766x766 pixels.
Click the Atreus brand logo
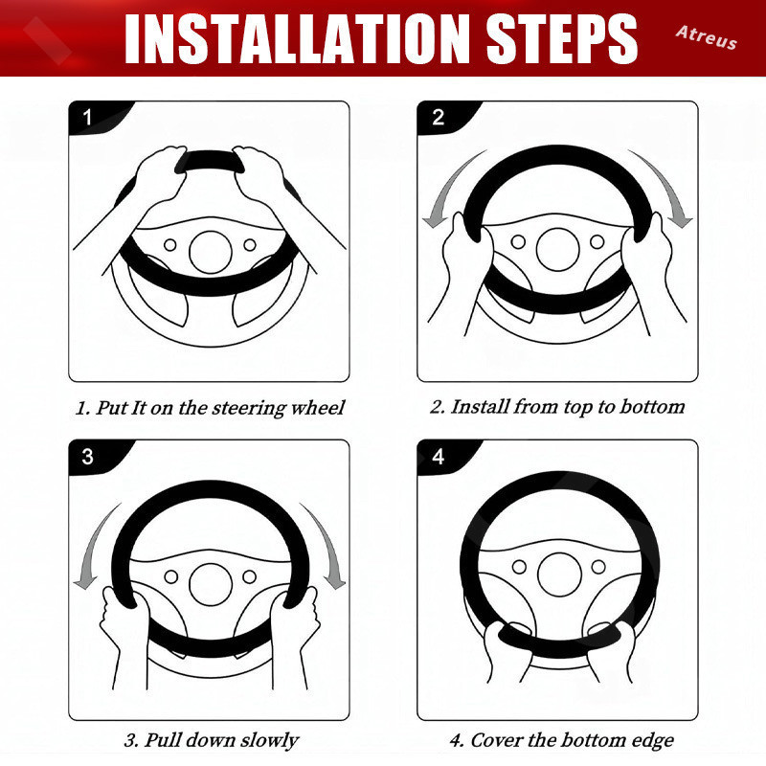point(707,37)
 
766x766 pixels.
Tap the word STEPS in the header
point(562,38)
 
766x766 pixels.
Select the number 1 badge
point(87,117)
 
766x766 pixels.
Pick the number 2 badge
point(438,117)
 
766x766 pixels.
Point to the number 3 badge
point(87,457)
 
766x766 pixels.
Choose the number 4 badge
point(438,457)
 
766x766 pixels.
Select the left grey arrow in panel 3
point(92,545)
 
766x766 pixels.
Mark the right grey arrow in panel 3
point(327,545)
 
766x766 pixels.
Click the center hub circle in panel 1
point(211,252)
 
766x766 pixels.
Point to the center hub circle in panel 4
point(559,574)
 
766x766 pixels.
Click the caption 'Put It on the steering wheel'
point(219,408)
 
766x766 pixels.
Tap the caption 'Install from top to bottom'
point(567,407)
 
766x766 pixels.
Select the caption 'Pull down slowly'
point(221,739)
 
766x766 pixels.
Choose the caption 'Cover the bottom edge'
point(572,739)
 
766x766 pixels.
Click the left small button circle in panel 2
point(518,242)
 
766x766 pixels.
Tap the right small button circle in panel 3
point(249,576)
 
